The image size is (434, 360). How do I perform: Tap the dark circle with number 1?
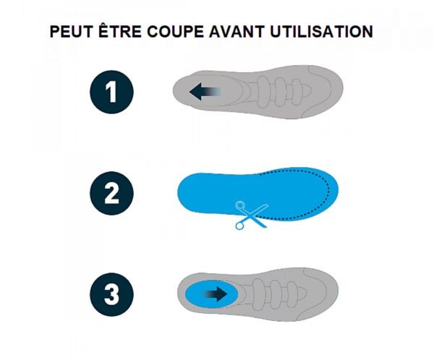(111, 92)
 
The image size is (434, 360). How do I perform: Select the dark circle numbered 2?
(111, 193)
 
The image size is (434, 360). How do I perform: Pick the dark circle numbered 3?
(111, 294)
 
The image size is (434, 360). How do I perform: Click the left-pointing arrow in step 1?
(204, 92)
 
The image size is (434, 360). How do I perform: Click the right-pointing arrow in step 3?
(215, 293)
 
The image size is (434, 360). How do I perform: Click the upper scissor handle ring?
(240, 205)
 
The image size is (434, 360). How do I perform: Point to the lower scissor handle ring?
(239, 226)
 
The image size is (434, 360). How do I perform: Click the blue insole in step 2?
(258, 194)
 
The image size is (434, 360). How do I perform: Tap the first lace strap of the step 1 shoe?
(263, 92)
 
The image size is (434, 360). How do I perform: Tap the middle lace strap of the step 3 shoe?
(275, 293)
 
